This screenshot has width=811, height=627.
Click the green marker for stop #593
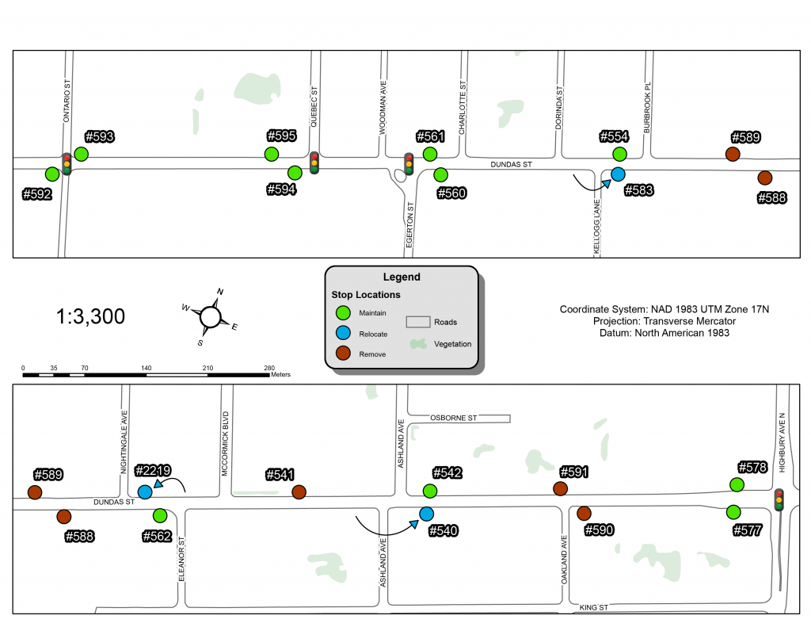tap(81, 153)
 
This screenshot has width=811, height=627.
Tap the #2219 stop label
tap(153, 470)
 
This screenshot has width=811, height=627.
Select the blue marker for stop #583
tap(618, 174)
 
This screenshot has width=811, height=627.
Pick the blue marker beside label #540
tap(426, 514)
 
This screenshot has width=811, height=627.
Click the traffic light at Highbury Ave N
tap(779, 499)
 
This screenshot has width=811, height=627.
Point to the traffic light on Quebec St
tap(314, 162)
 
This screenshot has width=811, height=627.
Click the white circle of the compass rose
tap(210, 317)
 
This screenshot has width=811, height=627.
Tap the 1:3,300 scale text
tap(90, 317)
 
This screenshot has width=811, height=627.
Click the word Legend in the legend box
tap(402, 277)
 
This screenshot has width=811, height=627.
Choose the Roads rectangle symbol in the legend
tap(418, 322)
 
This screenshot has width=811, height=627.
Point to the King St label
tap(592, 607)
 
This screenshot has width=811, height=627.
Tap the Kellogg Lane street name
tap(597, 226)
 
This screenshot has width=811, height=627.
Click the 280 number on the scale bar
tap(269, 368)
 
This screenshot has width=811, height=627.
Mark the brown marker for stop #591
tap(560, 488)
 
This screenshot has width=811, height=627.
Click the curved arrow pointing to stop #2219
tap(173, 484)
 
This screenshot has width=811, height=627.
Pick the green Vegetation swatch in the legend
tap(418, 344)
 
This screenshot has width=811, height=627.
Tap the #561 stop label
tap(432, 136)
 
